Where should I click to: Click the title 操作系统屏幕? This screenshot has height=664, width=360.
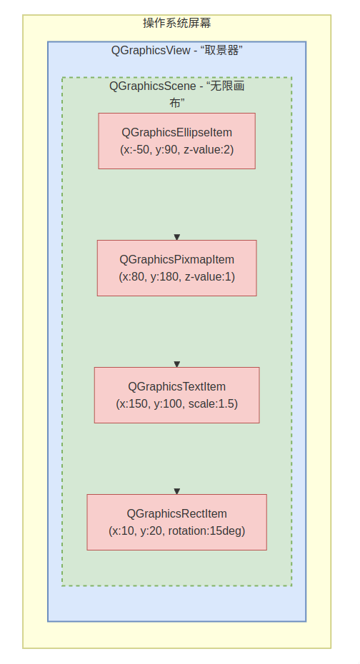coord(176,23)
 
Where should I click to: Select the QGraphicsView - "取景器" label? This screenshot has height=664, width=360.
coord(176,51)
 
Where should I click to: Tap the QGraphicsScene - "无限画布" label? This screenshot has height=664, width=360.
coord(176,94)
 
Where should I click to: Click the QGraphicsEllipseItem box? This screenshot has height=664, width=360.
coord(176,141)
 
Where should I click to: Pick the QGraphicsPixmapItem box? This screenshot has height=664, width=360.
coord(176,268)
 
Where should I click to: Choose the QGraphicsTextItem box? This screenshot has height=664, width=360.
coord(176,395)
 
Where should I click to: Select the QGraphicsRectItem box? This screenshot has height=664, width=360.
coord(176,522)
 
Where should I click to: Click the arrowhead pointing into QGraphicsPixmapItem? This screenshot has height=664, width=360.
coord(177,237)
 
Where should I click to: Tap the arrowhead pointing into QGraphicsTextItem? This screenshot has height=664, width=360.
coord(177,364)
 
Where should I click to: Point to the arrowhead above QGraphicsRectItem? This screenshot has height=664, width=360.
coord(177,491)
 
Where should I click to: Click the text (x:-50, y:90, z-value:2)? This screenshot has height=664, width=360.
coord(176,150)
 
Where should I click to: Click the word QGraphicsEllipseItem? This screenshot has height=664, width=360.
coord(176,133)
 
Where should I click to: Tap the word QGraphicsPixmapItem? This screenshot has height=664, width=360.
coord(176,260)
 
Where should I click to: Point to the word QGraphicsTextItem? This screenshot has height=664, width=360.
coord(176,387)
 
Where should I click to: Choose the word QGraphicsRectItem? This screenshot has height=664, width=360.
coord(176,513)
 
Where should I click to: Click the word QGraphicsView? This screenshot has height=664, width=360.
coord(151,51)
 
